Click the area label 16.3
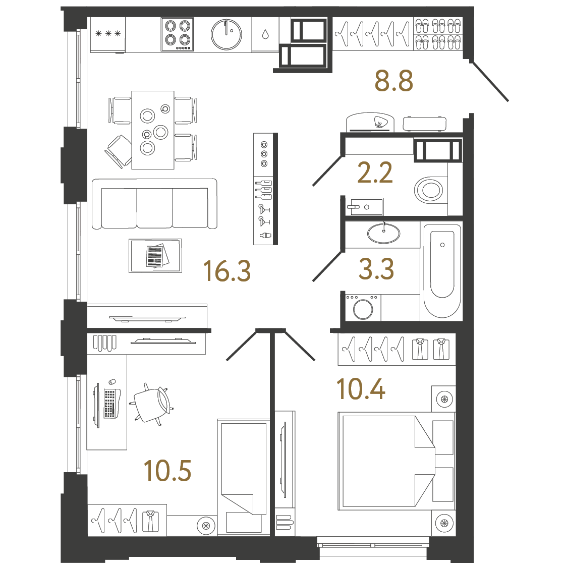point(227,271)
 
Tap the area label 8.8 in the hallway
point(393,81)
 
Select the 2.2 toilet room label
point(375,173)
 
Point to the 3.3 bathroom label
point(376,268)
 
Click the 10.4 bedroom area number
point(361,389)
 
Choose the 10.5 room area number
point(167,471)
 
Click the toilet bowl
point(429,190)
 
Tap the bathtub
point(442,271)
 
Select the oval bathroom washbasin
point(384,234)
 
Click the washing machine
point(363,308)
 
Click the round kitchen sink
point(226,35)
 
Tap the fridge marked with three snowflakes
point(107,34)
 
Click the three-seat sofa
point(154,204)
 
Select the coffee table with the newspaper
point(155,256)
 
